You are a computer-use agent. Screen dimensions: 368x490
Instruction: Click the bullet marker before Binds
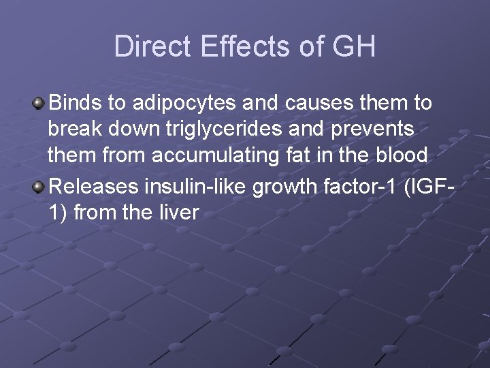coord(39,104)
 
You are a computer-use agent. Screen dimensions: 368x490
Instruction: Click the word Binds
coord(76,104)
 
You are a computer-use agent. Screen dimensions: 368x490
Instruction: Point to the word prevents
coord(374,130)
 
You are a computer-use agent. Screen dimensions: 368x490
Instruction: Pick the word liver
coord(178,213)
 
